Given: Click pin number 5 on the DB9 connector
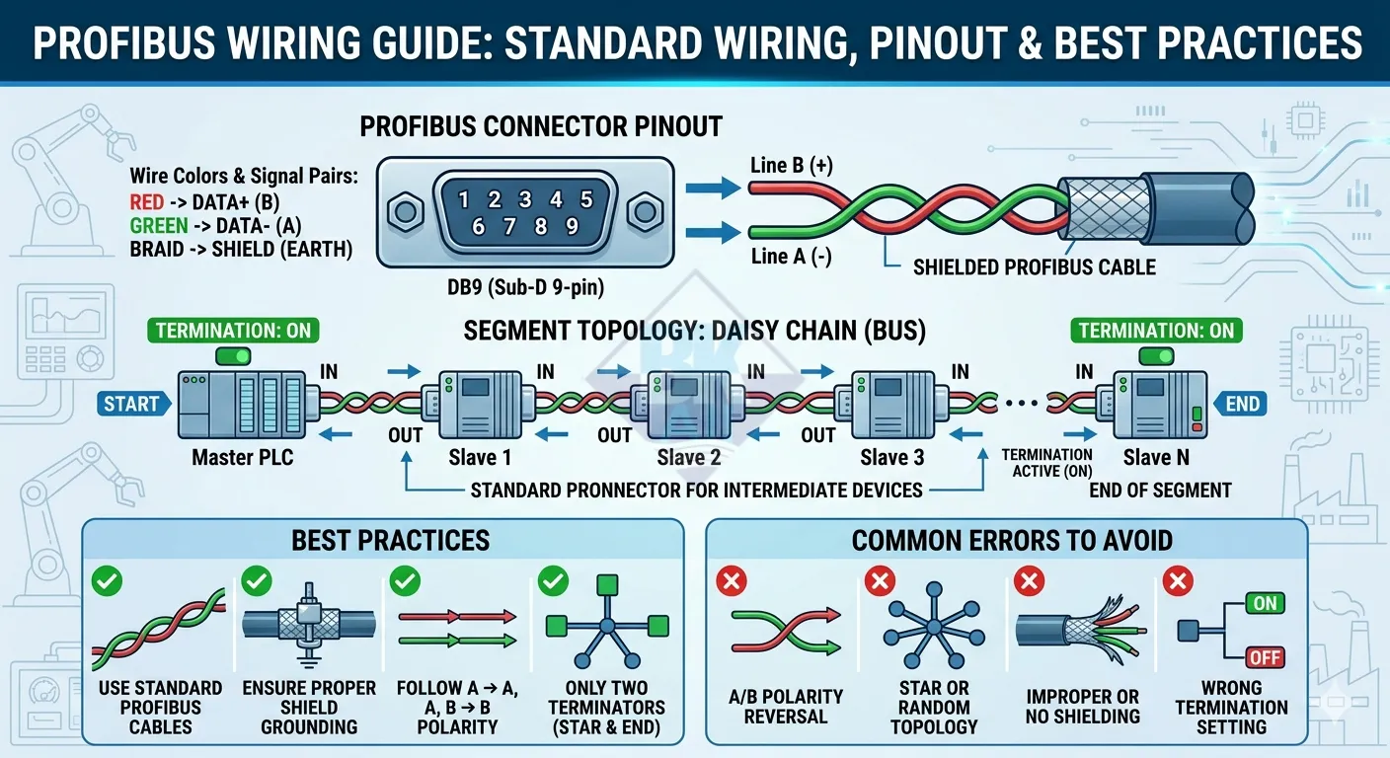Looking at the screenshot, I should pyautogui.click(x=585, y=200).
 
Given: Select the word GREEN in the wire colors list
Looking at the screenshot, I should pyautogui.click(x=159, y=226).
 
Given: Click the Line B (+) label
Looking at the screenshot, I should pyautogui.click(x=791, y=166).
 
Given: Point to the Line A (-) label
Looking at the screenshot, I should pyautogui.click(x=791, y=257).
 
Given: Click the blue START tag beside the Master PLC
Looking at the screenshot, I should pyautogui.click(x=132, y=403).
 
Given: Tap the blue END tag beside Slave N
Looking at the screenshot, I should pyautogui.click(x=1242, y=403).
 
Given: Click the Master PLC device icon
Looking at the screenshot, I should pyautogui.click(x=241, y=404).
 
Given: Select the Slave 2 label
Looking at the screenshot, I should pyautogui.click(x=688, y=458).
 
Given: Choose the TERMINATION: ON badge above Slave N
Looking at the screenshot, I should pyautogui.click(x=1156, y=331).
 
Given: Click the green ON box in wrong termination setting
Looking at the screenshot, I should pyautogui.click(x=1266, y=603).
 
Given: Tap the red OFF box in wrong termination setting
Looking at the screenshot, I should pyautogui.click(x=1266, y=656).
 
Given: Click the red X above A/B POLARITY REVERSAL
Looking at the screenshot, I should pyautogui.click(x=731, y=583).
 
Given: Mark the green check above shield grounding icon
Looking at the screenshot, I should pyautogui.click(x=257, y=581).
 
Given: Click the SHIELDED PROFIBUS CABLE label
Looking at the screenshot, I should pyautogui.click(x=1034, y=267).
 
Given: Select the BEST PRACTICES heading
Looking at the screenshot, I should pyautogui.click(x=390, y=540).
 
